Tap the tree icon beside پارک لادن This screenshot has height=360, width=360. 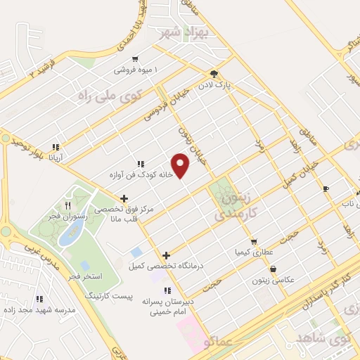click(213, 73)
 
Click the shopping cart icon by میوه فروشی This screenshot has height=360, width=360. click(134, 59)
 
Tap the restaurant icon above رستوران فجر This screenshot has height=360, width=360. click(67, 205)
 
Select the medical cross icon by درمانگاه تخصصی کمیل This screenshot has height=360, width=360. click(166, 255)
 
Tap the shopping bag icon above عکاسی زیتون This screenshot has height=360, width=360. click(272, 269)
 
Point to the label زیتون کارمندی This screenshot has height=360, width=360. click(236, 205)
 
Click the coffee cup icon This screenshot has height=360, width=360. click(326, 188)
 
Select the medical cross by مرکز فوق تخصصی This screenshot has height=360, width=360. click(124, 199)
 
